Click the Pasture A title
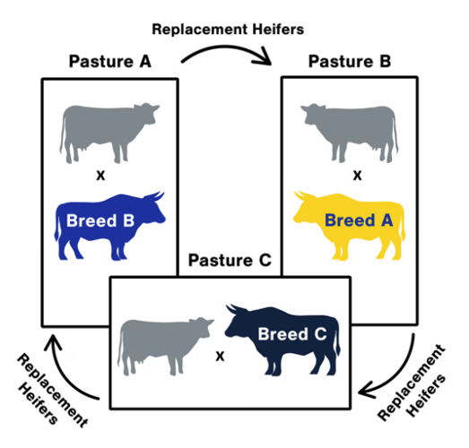click(x=110, y=63)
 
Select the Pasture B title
click(x=350, y=63)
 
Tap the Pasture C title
click(x=230, y=263)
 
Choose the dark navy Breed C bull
click(x=283, y=339)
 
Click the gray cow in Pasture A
click(x=108, y=133)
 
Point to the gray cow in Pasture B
click(x=348, y=130)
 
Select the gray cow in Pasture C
click(x=165, y=346)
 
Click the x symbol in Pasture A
click(x=101, y=175)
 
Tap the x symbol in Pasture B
click(x=357, y=175)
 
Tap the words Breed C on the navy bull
click(x=289, y=335)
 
